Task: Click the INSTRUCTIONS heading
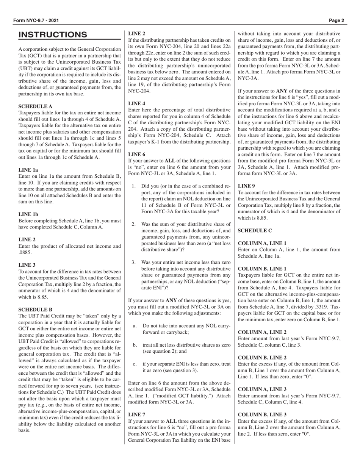(53, 35)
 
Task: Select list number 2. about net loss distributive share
(134, 224)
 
